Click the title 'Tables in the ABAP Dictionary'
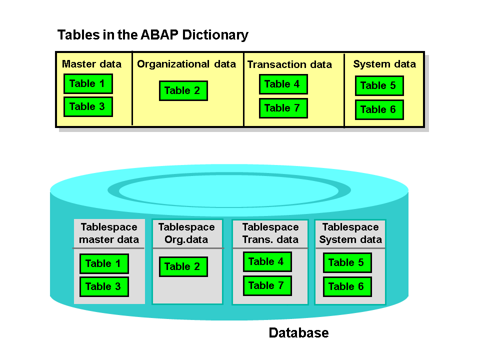(153, 35)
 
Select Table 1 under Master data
(88, 83)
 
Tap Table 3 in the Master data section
(88, 106)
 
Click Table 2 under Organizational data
(183, 90)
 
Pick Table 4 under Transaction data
(283, 84)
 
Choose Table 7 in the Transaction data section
(283, 108)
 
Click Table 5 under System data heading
(379, 85)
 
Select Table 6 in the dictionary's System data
(379, 109)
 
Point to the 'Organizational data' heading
(186, 64)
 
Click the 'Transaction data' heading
(289, 64)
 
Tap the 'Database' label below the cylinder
(298, 332)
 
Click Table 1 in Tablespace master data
(104, 263)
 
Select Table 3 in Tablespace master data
(104, 286)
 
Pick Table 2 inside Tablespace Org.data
(183, 266)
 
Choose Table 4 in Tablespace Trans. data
(267, 261)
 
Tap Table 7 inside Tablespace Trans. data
(267, 285)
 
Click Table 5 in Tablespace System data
(347, 262)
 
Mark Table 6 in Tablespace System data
(347, 286)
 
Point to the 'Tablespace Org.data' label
(186, 233)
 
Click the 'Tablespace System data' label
(350, 233)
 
